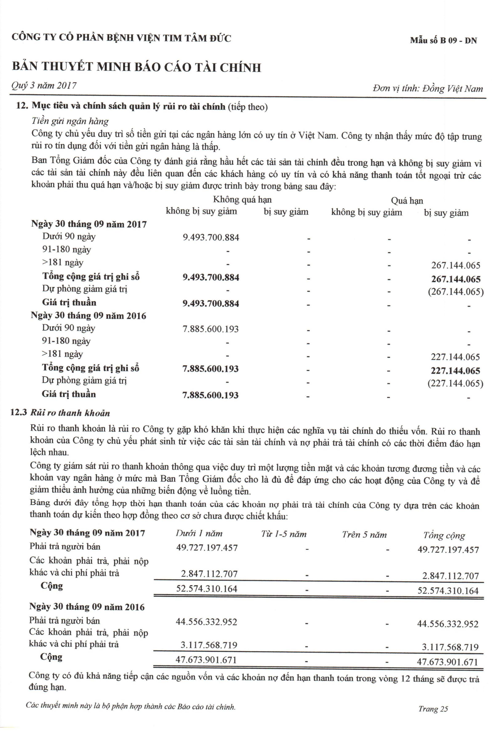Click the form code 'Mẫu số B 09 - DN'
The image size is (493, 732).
point(443,41)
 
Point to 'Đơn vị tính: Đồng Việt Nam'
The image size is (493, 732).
point(428,88)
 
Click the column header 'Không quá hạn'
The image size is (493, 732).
point(242,199)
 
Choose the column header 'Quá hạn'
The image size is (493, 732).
point(407,201)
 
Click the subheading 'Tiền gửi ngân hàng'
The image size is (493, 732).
point(70,121)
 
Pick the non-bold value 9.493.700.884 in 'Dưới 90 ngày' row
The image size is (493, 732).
point(211,237)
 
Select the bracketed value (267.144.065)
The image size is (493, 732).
point(456,292)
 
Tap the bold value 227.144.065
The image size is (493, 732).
point(455,371)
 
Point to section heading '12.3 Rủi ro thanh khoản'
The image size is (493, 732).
point(60,413)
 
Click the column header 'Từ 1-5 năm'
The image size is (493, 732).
point(284,534)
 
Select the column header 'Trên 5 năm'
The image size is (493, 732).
point(364,535)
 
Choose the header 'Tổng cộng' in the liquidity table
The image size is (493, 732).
point(444,535)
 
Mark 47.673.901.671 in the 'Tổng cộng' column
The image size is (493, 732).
point(447,662)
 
